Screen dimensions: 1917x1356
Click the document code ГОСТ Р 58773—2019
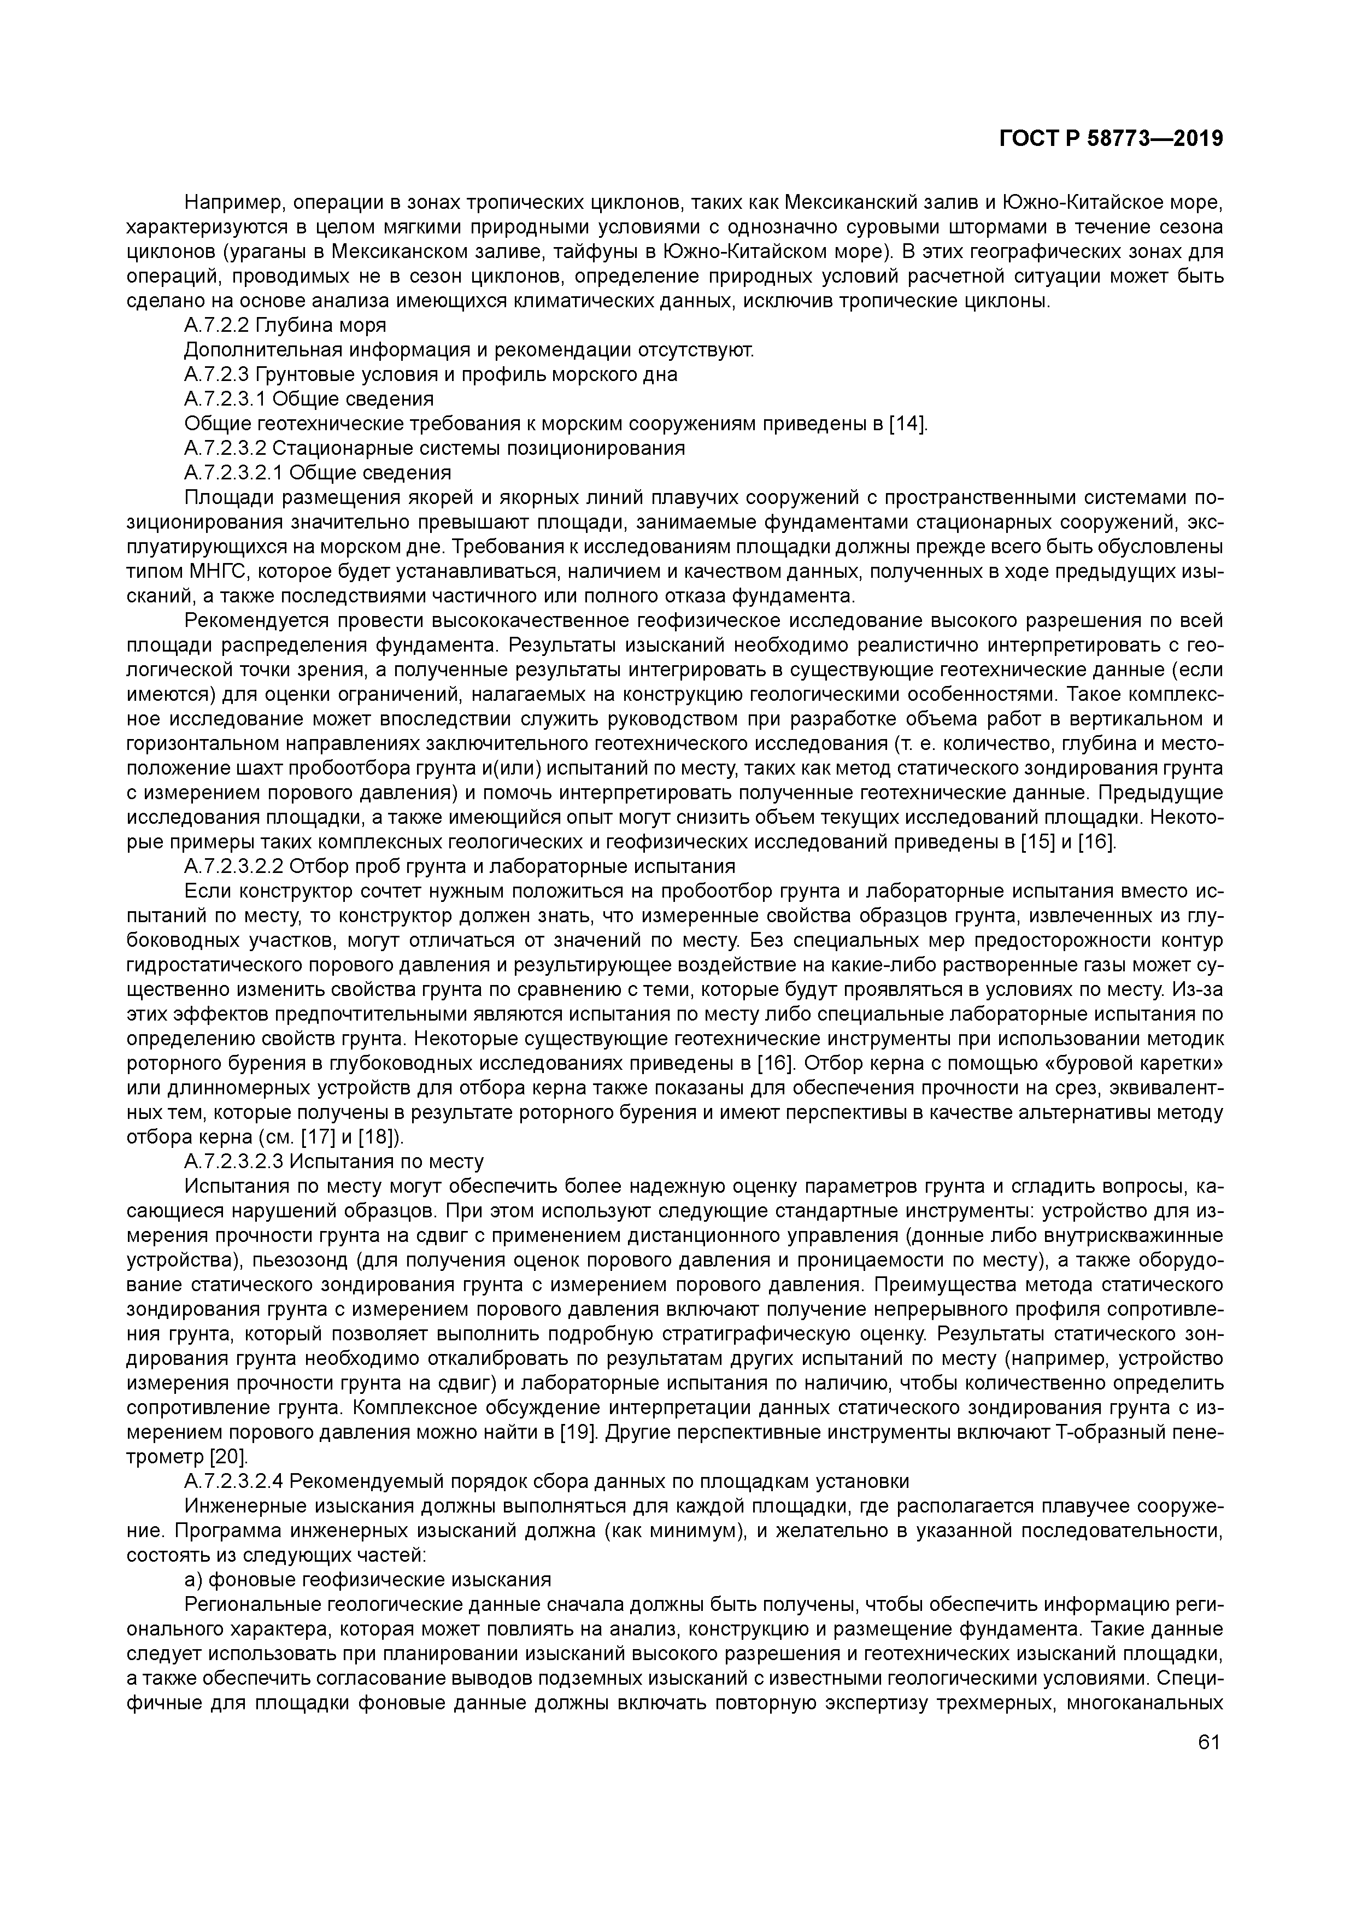point(1111,139)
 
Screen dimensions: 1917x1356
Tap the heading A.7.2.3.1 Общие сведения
point(309,399)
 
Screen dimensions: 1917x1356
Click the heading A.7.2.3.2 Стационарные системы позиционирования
point(434,448)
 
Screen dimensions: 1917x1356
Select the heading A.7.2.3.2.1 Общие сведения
point(318,473)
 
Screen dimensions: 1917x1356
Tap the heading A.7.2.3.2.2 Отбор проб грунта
point(459,866)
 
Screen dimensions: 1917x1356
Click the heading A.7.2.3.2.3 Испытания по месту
point(334,1162)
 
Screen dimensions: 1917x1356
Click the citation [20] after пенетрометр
point(228,1458)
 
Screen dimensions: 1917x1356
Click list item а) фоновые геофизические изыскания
point(367,1580)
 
